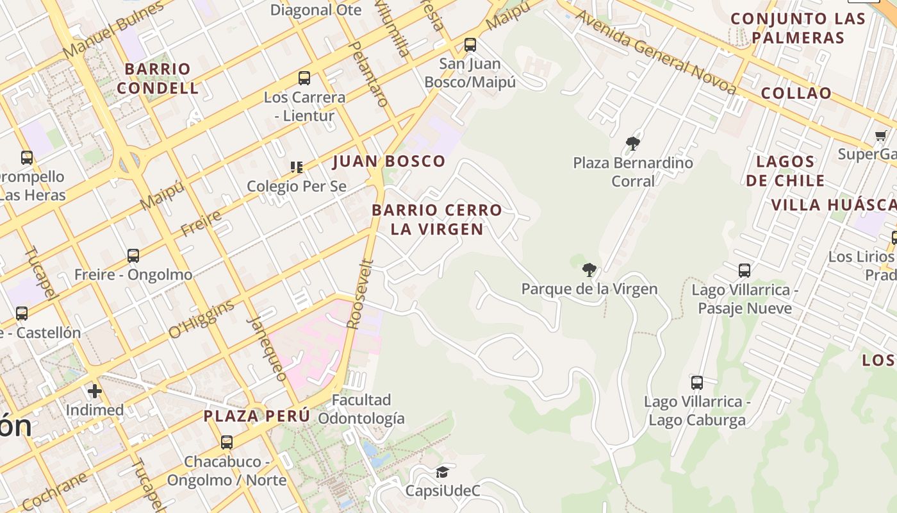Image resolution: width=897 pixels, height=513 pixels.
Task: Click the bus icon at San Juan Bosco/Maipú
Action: [x=470, y=45]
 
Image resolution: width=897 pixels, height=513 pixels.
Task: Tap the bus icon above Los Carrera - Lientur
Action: [x=304, y=78]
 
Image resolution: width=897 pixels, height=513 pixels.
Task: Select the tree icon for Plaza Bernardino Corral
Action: [x=633, y=144]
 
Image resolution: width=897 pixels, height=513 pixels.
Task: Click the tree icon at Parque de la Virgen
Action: [x=589, y=270]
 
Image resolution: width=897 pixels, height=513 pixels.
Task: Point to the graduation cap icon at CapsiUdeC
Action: [x=442, y=473]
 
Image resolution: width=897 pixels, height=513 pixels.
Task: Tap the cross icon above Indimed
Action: [x=95, y=391]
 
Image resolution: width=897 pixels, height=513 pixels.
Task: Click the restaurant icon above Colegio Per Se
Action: [x=297, y=167]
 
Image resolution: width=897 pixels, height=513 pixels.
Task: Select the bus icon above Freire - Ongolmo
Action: [x=133, y=256]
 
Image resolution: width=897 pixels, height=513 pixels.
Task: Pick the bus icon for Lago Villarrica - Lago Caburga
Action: [x=697, y=383]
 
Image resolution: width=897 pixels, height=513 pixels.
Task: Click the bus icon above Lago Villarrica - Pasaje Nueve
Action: [x=745, y=271]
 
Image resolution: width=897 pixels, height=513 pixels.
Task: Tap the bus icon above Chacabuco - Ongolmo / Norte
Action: [x=227, y=442]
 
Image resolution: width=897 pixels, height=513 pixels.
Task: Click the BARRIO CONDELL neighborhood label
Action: [x=158, y=78]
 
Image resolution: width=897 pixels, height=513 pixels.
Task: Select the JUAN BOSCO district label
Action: [x=389, y=162]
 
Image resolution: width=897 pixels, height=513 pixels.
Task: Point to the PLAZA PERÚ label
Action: [x=257, y=416]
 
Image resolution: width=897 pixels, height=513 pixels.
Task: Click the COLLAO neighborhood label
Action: [x=796, y=93]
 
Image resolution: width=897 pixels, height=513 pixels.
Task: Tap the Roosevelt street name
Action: [x=359, y=294]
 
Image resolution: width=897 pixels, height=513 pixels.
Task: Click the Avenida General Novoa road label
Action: [x=657, y=52]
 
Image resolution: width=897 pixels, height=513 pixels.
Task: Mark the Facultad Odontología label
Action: [x=361, y=409]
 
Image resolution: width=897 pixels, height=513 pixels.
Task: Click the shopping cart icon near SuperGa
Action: [x=881, y=135]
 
